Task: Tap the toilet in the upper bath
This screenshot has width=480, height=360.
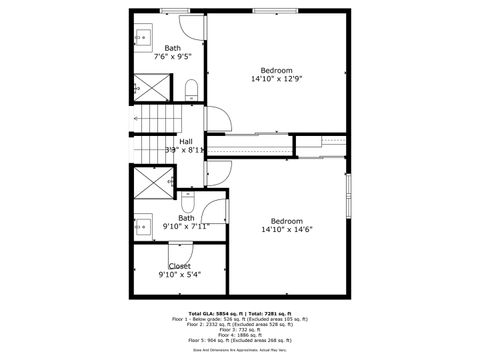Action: [x=193, y=91]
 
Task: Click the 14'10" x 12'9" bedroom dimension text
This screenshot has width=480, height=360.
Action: [x=279, y=79]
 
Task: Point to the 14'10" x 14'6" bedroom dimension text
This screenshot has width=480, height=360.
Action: [x=287, y=229]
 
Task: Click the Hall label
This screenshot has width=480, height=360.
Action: [x=186, y=141]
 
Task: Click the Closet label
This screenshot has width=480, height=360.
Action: [x=179, y=265]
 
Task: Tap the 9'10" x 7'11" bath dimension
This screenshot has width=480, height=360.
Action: [x=186, y=226]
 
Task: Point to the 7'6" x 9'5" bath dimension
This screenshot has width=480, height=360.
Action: [x=173, y=58]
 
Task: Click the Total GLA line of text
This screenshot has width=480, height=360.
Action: [x=239, y=313]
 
